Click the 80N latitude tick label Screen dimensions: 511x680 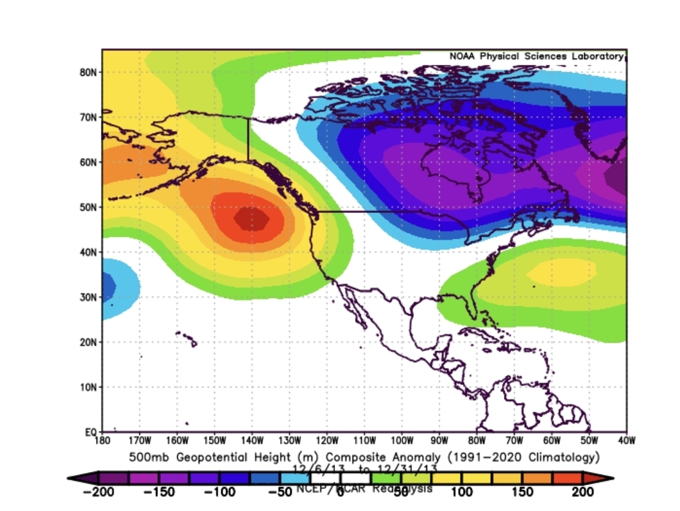coord(87,72)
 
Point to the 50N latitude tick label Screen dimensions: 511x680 coord(87,207)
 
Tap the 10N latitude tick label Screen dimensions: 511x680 coord(87,387)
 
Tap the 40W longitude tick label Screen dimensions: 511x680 coord(626,440)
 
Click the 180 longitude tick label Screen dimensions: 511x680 coord(102,440)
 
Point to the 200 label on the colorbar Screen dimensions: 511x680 coord(583,491)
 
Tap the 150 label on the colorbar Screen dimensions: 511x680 coord(522,491)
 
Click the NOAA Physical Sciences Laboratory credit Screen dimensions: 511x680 coord(536,57)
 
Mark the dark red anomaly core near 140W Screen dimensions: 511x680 coord(251,219)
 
